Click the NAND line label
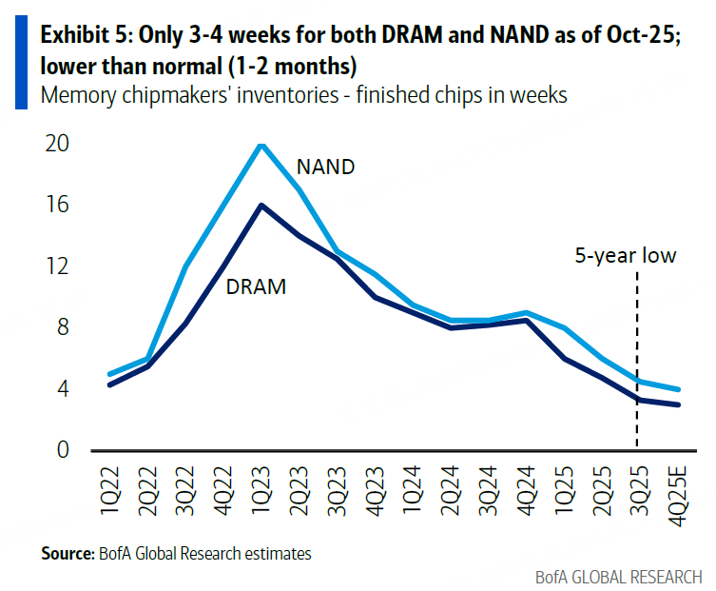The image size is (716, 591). [325, 167]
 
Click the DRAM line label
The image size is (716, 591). [256, 286]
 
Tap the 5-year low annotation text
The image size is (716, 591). [625, 255]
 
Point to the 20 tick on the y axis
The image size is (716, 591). [57, 144]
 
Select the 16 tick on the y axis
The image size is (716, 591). [57, 205]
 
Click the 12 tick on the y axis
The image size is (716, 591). [57, 266]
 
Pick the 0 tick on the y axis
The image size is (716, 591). [63, 450]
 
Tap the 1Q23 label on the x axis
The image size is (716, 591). [261, 493]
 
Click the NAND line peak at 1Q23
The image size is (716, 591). [261, 145]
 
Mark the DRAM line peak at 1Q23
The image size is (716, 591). [261, 205]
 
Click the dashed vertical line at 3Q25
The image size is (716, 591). [635, 362]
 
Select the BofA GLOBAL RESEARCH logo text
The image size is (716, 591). [618, 576]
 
